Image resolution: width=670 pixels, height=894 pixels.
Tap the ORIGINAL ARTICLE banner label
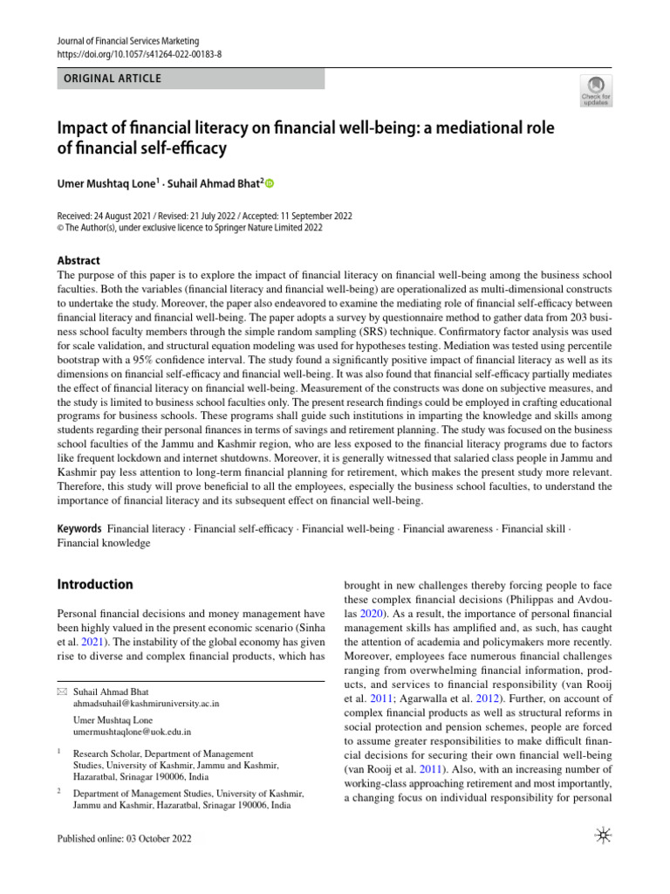[x=108, y=79]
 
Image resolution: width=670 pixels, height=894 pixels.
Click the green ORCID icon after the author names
[x=269, y=183]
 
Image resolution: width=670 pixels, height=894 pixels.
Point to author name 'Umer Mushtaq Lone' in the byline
[x=102, y=183]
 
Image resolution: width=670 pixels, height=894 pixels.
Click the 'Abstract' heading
[x=79, y=260]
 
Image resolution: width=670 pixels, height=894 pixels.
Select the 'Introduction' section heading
[x=94, y=584]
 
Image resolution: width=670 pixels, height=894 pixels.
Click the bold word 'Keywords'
[x=79, y=529]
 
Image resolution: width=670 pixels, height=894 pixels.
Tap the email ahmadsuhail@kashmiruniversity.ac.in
[x=147, y=702]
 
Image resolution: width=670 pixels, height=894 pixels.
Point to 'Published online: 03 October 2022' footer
[x=123, y=839]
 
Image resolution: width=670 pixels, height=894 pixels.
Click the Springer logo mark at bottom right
[x=603, y=837]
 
